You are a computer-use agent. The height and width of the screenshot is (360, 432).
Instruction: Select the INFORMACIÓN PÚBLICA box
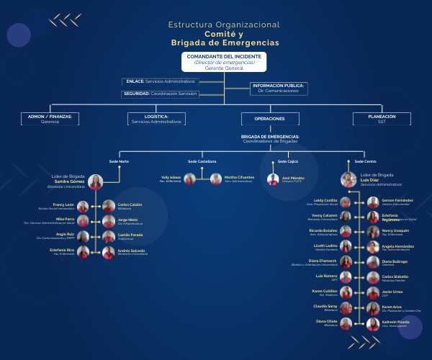[277, 89]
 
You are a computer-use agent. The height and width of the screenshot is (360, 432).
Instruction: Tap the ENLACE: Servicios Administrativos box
[160, 81]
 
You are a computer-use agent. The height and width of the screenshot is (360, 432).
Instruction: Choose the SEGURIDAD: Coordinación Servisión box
[159, 94]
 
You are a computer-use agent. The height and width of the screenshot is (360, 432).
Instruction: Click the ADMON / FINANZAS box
[50, 119]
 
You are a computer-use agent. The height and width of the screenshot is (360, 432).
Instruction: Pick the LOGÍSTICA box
[156, 119]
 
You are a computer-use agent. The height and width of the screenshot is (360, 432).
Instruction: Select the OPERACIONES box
[270, 119]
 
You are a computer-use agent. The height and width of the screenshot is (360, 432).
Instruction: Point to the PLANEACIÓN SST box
[382, 119]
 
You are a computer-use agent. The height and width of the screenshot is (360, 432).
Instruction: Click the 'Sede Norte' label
[119, 161]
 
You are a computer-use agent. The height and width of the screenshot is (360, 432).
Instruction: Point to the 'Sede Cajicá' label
[277, 161]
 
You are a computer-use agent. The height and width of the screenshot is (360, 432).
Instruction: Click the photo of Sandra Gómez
[96, 182]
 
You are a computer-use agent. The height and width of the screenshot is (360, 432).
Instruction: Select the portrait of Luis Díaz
[348, 181]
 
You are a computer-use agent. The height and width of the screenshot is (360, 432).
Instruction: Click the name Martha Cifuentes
[240, 176]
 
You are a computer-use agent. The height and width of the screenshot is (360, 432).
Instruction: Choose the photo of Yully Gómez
[190, 179]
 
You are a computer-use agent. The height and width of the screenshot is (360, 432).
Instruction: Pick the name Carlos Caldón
[130, 204]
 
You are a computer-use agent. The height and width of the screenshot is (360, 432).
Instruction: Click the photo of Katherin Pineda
[373, 325]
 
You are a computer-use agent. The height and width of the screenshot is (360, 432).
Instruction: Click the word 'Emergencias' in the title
[250, 43]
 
